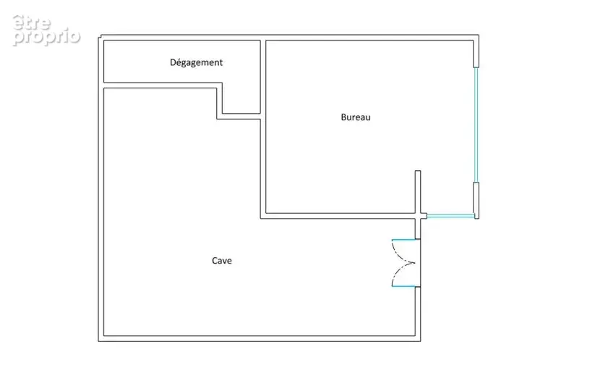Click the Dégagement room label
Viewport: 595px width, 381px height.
[196, 62]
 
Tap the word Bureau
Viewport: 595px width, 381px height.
[356, 117]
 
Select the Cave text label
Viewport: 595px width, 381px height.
[222, 261]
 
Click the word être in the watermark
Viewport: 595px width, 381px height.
[32, 22]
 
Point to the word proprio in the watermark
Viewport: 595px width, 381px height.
[47, 37]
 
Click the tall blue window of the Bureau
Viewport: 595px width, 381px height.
[476, 125]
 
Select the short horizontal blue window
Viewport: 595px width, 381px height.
[450, 216]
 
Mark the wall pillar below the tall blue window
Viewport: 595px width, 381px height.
[476, 201]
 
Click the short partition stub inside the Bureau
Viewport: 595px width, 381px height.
[418, 192]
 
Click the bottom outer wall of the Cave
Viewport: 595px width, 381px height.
[260, 338]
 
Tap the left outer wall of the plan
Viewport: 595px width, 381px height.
[101, 188]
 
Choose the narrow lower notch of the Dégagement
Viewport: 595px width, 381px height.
[241, 98]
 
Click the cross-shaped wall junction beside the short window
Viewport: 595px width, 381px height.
[418, 216]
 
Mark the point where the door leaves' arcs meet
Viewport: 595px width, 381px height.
[415, 263]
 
